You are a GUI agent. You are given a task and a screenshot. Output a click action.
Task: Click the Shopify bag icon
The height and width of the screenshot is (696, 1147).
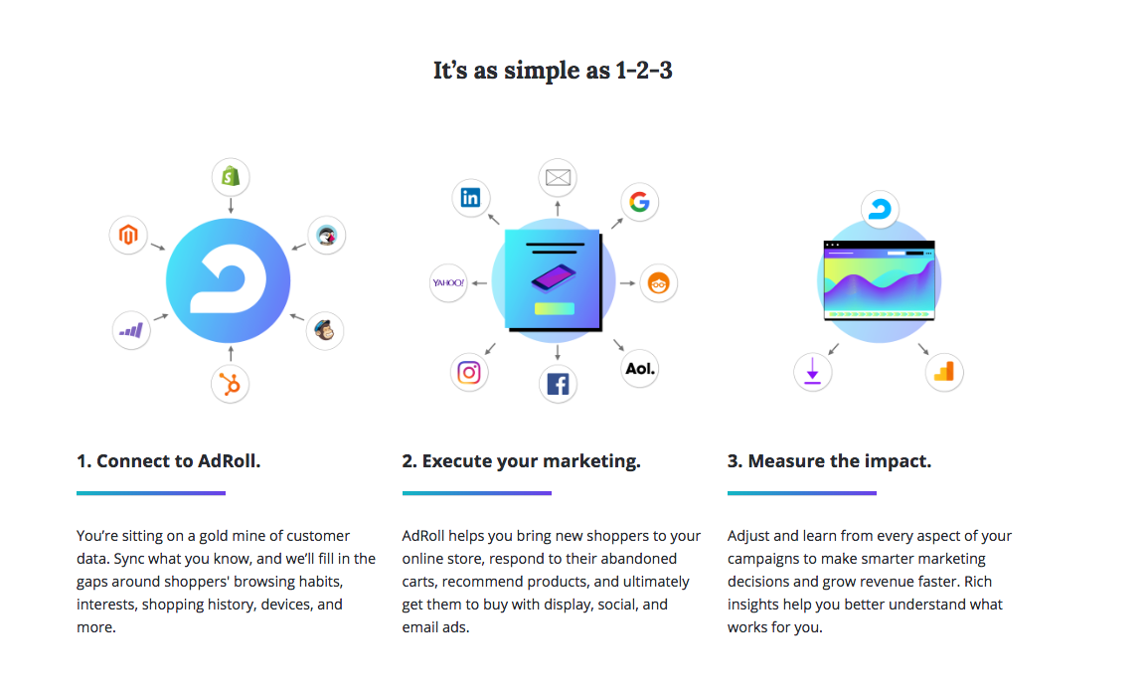[x=231, y=176]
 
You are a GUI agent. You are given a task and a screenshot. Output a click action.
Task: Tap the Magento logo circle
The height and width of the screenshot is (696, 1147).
[x=129, y=235]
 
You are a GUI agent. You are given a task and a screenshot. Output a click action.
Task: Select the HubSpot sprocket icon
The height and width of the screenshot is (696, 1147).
[x=231, y=384]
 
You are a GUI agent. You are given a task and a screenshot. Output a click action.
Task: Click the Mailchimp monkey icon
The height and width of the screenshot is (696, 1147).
[x=325, y=330]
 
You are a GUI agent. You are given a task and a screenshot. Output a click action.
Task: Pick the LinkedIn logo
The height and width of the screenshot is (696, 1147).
[x=470, y=198]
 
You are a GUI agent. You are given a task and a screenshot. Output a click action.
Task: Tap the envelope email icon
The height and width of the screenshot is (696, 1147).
[x=559, y=177]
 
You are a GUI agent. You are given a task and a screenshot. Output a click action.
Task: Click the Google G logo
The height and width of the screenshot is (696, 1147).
[x=639, y=202]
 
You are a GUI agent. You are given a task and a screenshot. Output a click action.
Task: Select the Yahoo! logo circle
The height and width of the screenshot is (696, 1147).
[x=448, y=282]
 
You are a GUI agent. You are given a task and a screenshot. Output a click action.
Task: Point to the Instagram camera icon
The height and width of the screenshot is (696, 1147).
[x=469, y=373]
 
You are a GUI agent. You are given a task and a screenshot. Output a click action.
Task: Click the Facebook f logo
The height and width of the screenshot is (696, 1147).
[x=559, y=384]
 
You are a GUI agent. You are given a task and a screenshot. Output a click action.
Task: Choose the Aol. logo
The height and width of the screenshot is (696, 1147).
[x=640, y=368]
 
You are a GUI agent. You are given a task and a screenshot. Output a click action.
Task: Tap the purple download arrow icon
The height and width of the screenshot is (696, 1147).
[x=813, y=370]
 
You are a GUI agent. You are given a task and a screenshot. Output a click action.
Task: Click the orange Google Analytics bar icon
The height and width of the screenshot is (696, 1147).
[x=943, y=371]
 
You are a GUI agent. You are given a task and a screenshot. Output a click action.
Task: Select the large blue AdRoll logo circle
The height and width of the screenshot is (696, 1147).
[x=229, y=280]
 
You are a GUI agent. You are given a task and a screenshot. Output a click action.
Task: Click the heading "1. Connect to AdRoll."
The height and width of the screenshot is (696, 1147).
[x=168, y=461]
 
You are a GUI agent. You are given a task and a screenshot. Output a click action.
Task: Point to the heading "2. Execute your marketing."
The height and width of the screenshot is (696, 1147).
[x=521, y=461]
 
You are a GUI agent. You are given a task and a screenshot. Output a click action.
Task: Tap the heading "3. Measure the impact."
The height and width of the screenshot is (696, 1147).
[x=829, y=461]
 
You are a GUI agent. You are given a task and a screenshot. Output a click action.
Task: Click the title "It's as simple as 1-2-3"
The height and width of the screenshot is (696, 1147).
[x=553, y=71]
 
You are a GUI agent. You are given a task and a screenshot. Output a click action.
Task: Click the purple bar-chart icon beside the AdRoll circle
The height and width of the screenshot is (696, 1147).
[x=131, y=330]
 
